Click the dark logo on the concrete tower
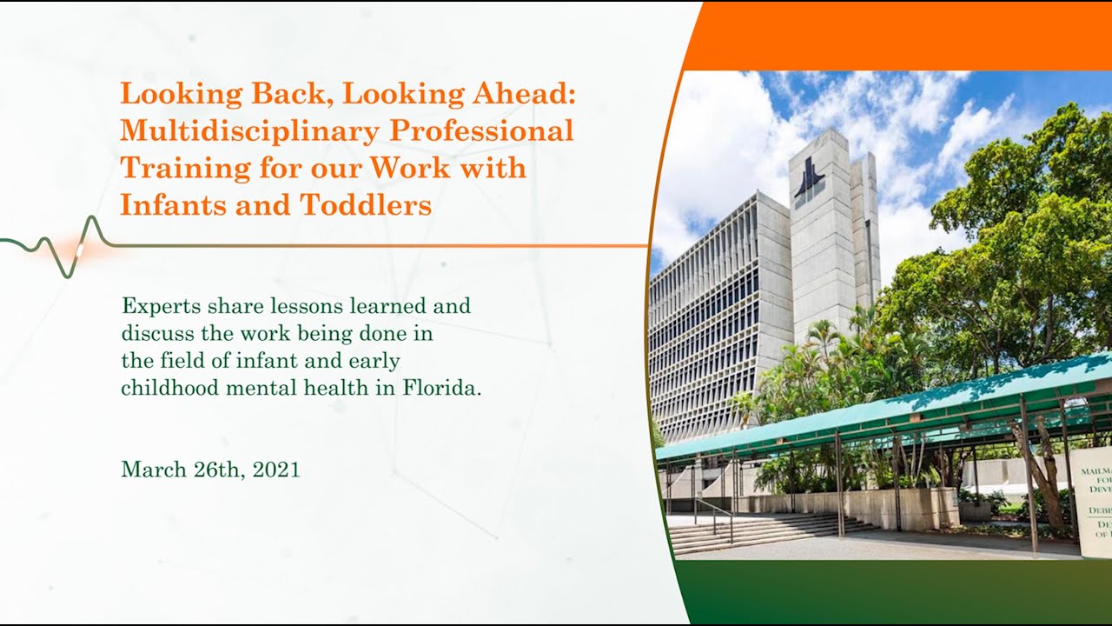coord(809,178)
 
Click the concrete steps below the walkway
coord(764,532)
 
